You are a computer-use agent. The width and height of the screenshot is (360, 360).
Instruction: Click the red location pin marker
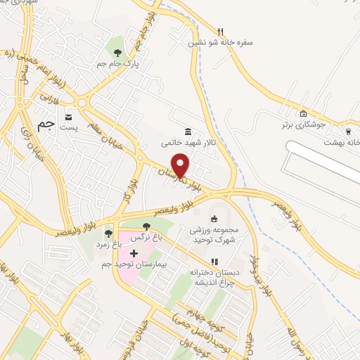tap(181, 165)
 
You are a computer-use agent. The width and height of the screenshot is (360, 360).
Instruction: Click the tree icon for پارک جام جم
tap(117, 52)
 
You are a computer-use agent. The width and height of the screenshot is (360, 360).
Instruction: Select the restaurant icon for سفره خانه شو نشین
tap(220, 31)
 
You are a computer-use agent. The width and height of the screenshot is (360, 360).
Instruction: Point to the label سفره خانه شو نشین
tap(220, 42)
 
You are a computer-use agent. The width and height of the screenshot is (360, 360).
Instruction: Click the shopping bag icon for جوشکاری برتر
tap(303, 114)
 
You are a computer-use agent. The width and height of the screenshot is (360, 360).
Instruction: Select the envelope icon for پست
tap(68, 117)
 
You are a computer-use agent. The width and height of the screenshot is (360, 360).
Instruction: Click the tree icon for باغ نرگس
tap(146, 226)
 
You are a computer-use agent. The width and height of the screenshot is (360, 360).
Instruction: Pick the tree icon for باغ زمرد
tap(108, 233)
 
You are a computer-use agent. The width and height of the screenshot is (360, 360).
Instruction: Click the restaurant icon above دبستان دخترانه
tap(214, 262)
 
